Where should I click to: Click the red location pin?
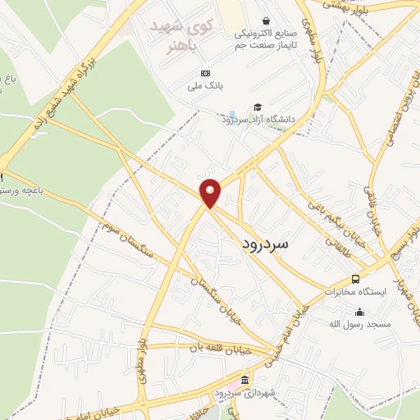click(211, 191)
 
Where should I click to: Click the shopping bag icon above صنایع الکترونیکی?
click(265, 21)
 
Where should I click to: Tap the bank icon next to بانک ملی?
click(205, 73)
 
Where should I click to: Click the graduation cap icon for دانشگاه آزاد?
click(258, 107)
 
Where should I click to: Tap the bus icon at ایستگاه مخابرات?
click(355, 279)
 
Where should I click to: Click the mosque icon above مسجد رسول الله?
click(359, 312)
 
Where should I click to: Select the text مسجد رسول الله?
click(359, 325)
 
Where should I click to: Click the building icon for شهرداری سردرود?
click(244, 378)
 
